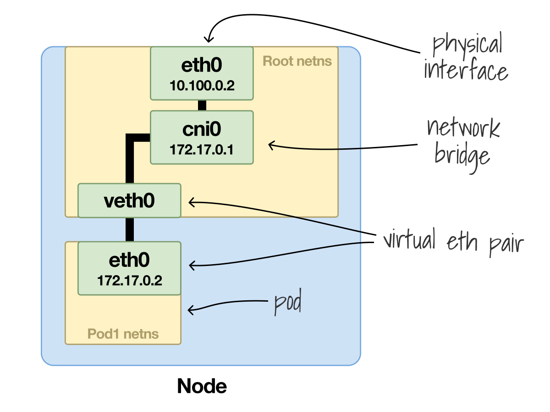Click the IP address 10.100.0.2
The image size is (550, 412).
(202, 86)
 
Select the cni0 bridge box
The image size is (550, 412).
(202, 137)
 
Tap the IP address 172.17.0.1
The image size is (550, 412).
(202, 150)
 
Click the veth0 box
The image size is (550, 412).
(129, 201)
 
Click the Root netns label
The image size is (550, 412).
(297, 61)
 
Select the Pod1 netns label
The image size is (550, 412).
(123, 334)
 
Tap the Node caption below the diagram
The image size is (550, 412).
(202, 386)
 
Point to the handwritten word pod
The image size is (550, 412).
(288, 304)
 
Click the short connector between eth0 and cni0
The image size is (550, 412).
(202, 105)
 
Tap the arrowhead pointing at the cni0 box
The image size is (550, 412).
(271, 146)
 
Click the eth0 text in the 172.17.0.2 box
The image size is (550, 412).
(129, 261)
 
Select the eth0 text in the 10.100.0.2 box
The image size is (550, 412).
(202, 66)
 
